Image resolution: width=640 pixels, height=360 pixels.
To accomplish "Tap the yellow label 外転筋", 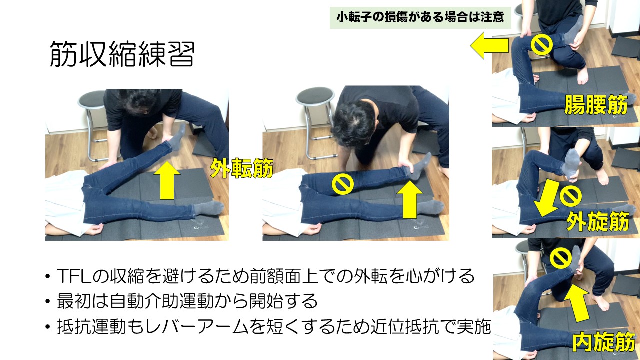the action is point(241,168).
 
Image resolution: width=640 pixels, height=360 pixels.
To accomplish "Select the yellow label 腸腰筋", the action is point(596,105).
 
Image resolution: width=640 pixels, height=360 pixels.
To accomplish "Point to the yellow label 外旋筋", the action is point(598,221).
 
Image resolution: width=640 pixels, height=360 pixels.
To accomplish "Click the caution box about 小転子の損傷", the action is point(420,17).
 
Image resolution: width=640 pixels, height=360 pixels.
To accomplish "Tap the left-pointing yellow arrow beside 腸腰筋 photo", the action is point(489,45).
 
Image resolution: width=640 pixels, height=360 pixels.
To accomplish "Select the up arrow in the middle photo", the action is point(410,200).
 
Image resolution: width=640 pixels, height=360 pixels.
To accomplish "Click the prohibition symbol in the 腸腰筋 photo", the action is point(541,45).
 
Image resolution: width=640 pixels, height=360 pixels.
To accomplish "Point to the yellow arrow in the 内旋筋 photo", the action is point(577,304).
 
